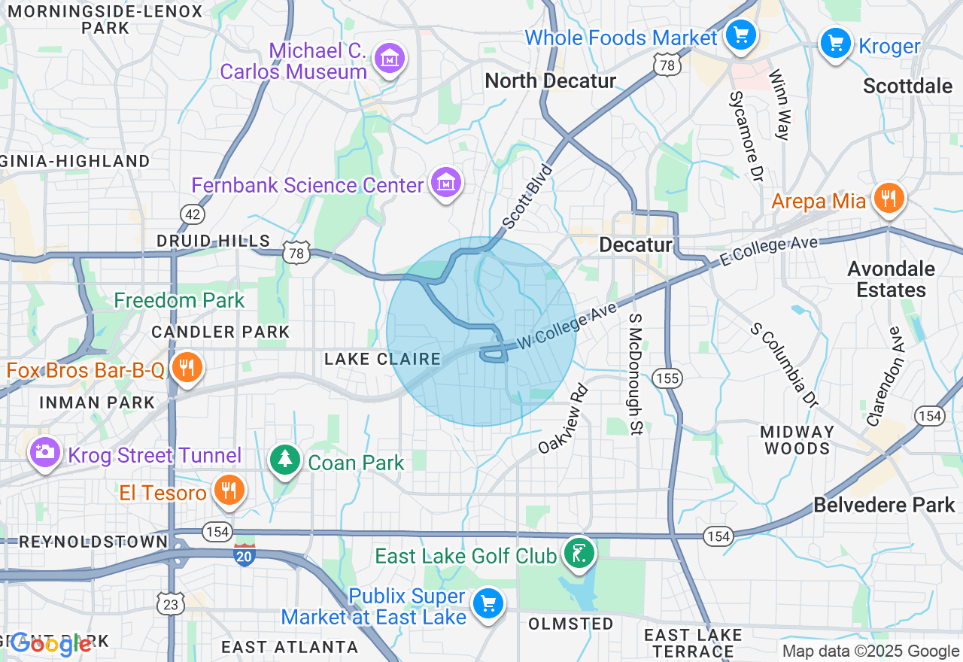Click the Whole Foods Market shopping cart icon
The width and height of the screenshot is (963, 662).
tap(740, 35)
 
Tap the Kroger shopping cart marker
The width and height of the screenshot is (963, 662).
tap(835, 43)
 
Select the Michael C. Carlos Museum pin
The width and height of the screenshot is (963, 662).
tap(390, 59)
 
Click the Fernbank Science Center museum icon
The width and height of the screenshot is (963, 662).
tap(446, 182)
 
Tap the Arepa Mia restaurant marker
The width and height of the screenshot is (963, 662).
tap(889, 199)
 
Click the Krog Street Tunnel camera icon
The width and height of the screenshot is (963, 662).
tap(45, 452)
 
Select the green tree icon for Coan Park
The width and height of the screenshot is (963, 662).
tap(285, 460)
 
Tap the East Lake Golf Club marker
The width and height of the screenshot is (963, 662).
tap(578, 554)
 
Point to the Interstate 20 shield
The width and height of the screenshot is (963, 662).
tap(244, 555)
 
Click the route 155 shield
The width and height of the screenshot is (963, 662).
tap(667, 378)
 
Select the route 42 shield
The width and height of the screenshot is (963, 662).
tap(193, 214)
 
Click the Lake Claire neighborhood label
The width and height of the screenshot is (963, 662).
tap(382, 359)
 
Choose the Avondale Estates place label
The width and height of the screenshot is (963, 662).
tap(891, 279)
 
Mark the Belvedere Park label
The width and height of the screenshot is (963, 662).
tap(884, 504)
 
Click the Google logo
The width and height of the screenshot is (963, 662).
tap(51, 643)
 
